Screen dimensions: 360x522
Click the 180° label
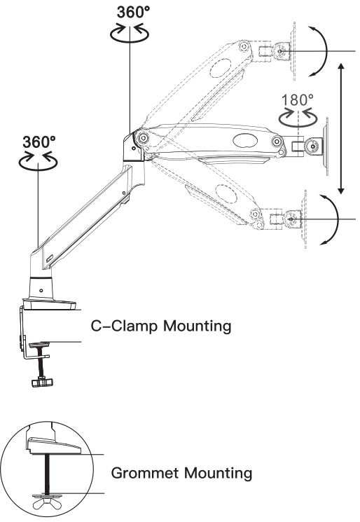pyautogui.click(x=297, y=100)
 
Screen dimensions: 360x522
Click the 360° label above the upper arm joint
pyautogui.click(x=133, y=13)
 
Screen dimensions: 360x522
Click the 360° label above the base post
pyautogui.click(x=39, y=142)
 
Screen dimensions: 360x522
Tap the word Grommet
pyautogui.click(x=146, y=473)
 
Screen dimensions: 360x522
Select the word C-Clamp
pyautogui.click(x=124, y=326)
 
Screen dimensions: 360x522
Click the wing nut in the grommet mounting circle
pyautogui.click(x=47, y=500)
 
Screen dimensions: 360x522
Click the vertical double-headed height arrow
pyautogui.click(x=340, y=129)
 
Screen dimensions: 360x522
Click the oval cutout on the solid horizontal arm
pyautogui.click(x=245, y=141)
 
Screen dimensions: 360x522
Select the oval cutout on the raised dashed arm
pyautogui.click(x=221, y=67)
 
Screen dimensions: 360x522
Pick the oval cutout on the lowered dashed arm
pyautogui.click(x=226, y=193)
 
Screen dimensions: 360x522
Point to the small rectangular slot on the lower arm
pyautogui.click(x=50, y=259)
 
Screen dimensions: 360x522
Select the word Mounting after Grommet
pyautogui.click(x=219, y=474)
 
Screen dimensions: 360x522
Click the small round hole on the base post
pyautogui.click(x=41, y=291)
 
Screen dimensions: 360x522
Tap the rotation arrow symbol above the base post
pyautogui.click(x=38, y=161)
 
